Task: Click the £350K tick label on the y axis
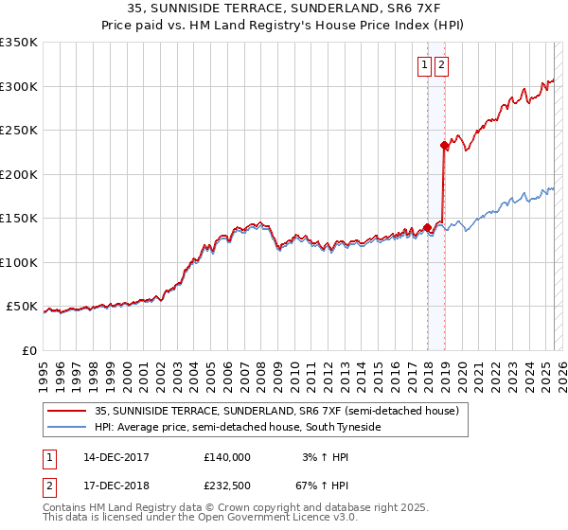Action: (x=19, y=43)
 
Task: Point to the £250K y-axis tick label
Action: (x=19, y=131)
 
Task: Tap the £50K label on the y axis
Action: (x=22, y=307)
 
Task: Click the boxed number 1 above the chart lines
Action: (x=424, y=65)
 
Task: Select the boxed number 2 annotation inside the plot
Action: (x=441, y=65)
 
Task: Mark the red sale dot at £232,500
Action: (x=444, y=146)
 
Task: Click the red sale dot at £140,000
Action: (x=427, y=227)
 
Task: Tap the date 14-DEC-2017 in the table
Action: (x=116, y=457)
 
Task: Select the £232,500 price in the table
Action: (x=227, y=487)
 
